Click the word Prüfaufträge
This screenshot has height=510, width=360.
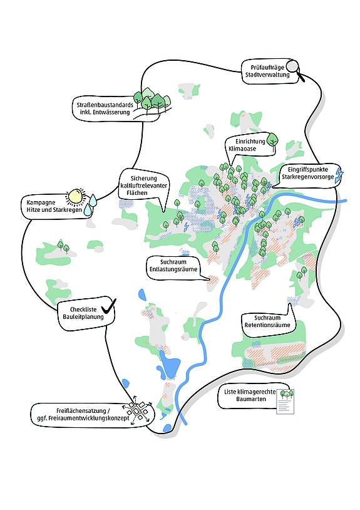click(267, 68)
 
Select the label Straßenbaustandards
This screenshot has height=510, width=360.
click(105, 105)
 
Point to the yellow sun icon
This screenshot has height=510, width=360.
click(75, 197)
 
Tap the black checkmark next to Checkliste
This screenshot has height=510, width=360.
click(108, 306)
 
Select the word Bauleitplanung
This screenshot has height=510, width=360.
click(83, 317)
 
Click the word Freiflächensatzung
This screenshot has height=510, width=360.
click(81, 411)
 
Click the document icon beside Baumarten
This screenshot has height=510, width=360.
click(285, 402)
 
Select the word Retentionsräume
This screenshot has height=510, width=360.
click(267, 325)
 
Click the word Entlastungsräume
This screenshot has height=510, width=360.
click(173, 269)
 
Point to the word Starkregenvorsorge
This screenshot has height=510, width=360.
click(307, 177)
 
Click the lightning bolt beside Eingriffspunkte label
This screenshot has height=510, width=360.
click(339, 175)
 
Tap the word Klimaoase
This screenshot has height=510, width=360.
click(242, 148)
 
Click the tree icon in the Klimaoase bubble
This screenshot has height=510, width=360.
click(272, 142)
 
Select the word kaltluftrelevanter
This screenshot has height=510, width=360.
click(143, 185)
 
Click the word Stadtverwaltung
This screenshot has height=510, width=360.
click(267, 75)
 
